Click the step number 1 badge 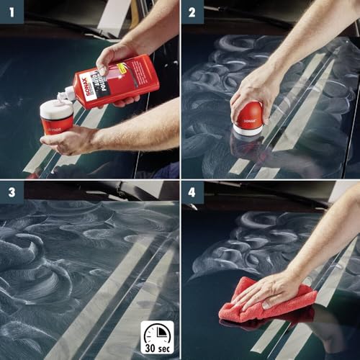(12, 12)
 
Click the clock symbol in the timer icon (156, 333)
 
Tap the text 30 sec (156, 351)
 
